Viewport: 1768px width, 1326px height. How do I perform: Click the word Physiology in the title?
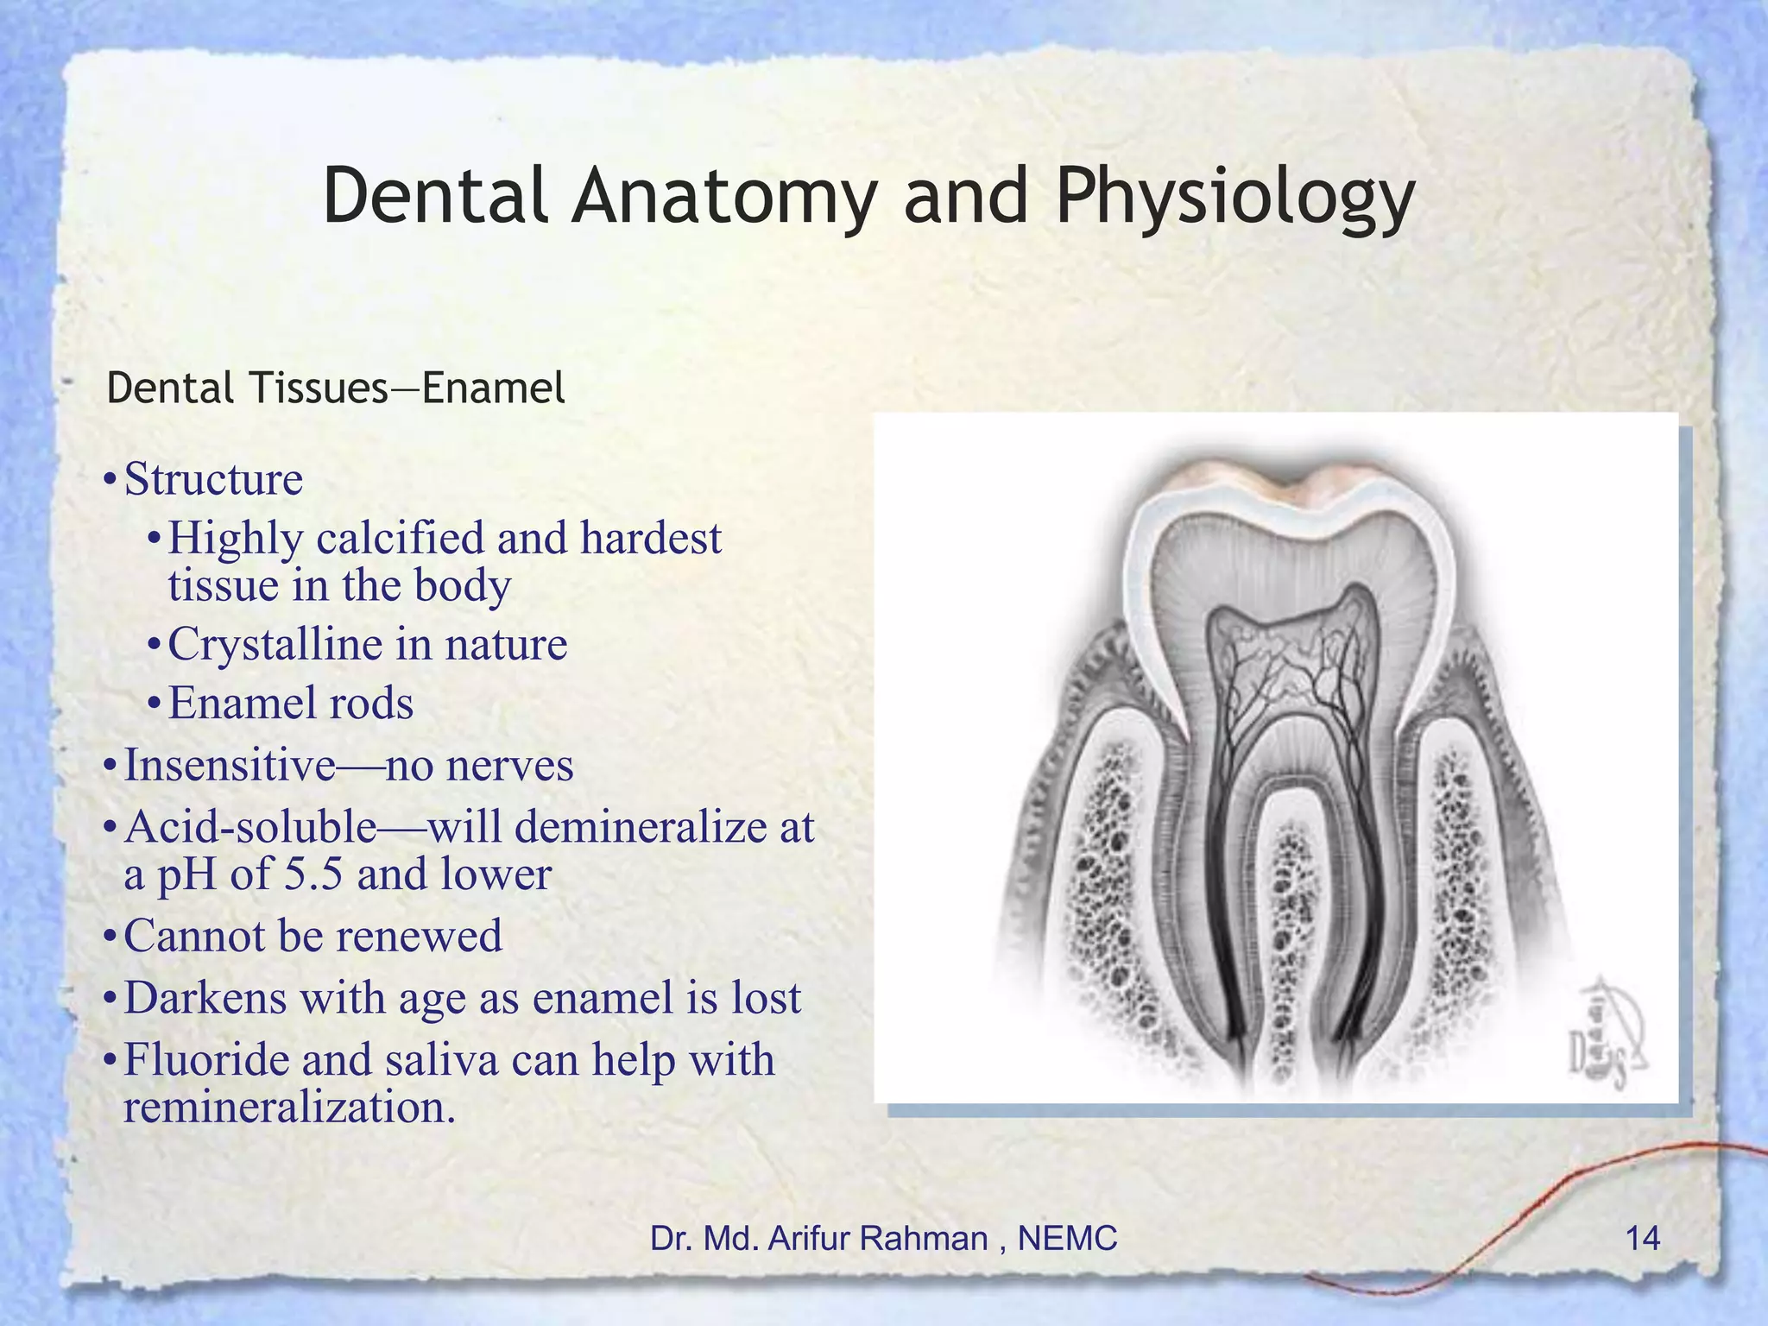1234,197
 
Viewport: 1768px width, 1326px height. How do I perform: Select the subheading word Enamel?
493,388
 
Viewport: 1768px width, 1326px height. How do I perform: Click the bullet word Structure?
213,479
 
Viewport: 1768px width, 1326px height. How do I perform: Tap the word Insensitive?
230,765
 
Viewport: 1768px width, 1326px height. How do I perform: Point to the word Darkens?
205,998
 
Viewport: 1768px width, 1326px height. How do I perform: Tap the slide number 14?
1642,1239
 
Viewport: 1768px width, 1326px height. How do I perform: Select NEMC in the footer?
1068,1239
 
